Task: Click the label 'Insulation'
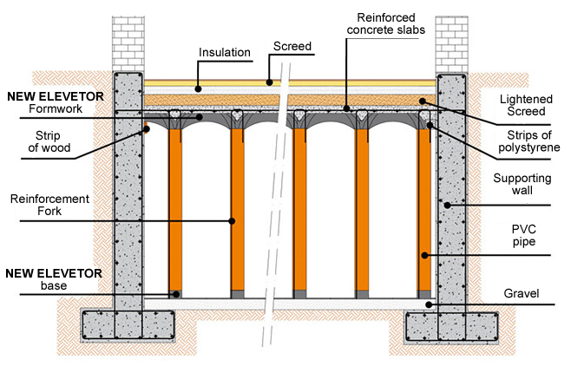(x=226, y=52)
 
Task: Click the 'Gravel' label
(x=522, y=294)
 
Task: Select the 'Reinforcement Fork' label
(x=49, y=205)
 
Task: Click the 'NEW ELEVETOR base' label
(x=54, y=279)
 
